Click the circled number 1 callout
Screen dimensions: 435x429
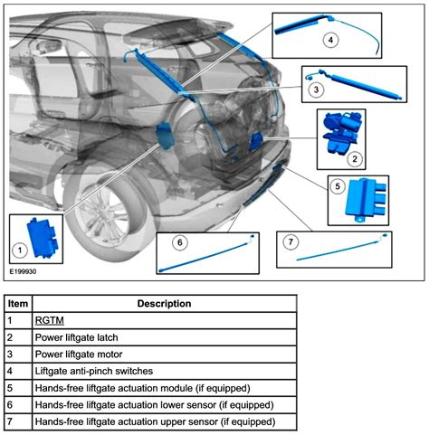pyautogui.click(x=19, y=249)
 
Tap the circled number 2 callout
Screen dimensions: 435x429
pyautogui.click(x=355, y=158)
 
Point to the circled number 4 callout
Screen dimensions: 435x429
pyautogui.click(x=330, y=40)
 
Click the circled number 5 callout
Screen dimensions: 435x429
pyautogui.click(x=338, y=187)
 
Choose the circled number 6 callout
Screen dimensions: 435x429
pyautogui.click(x=179, y=242)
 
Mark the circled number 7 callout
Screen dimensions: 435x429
pyautogui.click(x=291, y=242)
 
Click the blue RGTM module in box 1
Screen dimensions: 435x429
pyautogui.click(x=43, y=233)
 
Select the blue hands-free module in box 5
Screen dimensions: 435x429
pyautogui.click(x=366, y=199)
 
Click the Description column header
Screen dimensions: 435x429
pyautogui.click(x=164, y=303)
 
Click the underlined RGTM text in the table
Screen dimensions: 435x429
pyautogui.click(x=49, y=320)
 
